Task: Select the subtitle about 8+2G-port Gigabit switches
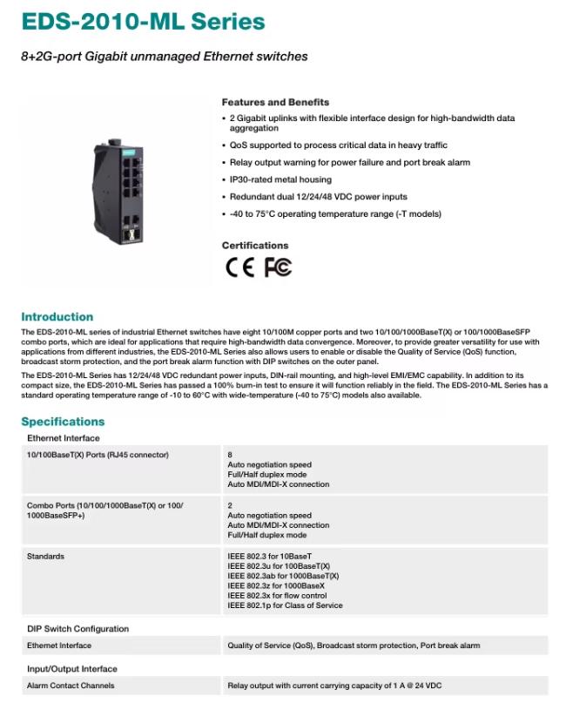164,57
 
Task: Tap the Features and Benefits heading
275,102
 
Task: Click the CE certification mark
240,267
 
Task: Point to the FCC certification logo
278,267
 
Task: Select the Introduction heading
57,317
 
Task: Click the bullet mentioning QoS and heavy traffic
338,145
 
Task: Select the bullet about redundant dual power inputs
318,197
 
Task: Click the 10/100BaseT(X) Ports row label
98,455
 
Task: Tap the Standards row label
45,556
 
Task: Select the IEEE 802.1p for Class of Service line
285,605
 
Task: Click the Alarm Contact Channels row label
71,686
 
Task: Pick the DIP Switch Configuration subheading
77,629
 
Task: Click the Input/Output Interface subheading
71,669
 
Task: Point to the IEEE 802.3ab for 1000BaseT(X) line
283,576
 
